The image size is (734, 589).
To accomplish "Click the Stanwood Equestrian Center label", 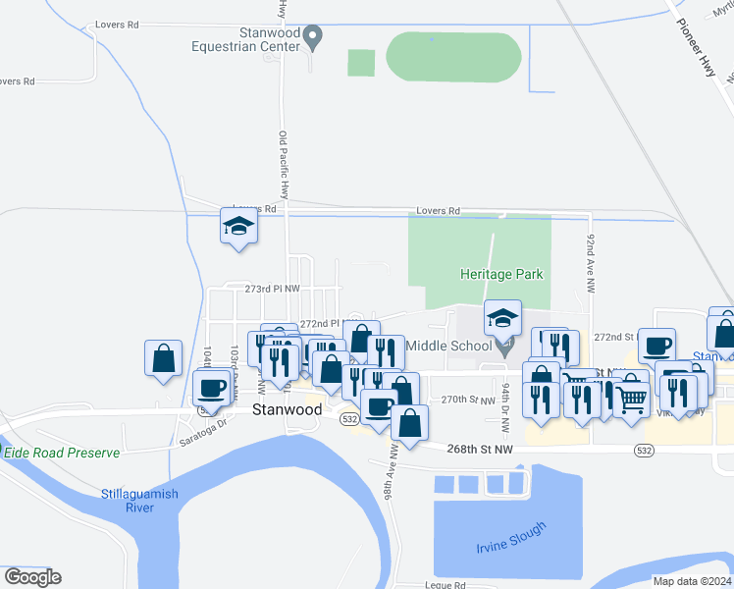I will pyautogui.click(x=245, y=37).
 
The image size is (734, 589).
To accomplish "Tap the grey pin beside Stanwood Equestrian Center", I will pyautogui.click(x=314, y=38).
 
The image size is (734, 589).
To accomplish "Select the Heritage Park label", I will pyautogui.click(x=501, y=275).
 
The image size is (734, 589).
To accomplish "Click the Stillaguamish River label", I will pyautogui.click(x=139, y=501).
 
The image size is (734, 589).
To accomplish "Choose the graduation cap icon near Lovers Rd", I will pyautogui.click(x=237, y=227).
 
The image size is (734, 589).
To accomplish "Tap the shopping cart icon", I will pyautogui.click(x=632, y=398).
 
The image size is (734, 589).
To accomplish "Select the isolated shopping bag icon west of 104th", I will pyautogui.click(x=164, y=358).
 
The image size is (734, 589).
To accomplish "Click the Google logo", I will pyautogui.click(x=32, y=577).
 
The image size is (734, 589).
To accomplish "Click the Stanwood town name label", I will pyautogui.click(x=286, y=409).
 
